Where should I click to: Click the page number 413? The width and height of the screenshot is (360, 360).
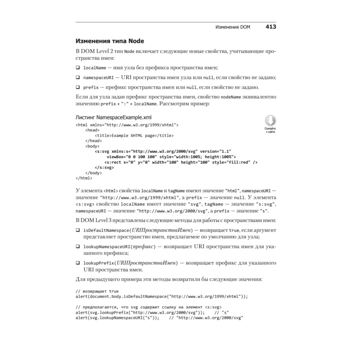point(271,27)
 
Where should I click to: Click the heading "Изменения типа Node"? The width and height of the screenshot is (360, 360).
point(110,41)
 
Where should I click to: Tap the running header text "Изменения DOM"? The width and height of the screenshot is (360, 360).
point(233,27)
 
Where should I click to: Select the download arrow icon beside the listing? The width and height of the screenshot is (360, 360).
point(270,121)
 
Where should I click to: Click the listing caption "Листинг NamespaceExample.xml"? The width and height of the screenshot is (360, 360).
point(114,117)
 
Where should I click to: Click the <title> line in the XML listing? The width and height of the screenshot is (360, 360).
point(134,136)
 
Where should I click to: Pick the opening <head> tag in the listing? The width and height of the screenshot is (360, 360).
point(93,130)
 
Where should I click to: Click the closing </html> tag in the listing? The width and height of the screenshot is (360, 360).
point(84,178)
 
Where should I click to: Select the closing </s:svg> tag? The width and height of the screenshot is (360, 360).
point(104,168)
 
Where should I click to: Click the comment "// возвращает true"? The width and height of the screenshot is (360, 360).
point(97,291)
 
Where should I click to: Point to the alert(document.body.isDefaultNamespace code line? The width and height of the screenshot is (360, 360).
point(162,297)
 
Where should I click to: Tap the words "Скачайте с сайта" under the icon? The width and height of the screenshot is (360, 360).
point(270,130)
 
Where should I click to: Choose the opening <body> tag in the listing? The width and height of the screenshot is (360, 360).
point(93,147)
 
